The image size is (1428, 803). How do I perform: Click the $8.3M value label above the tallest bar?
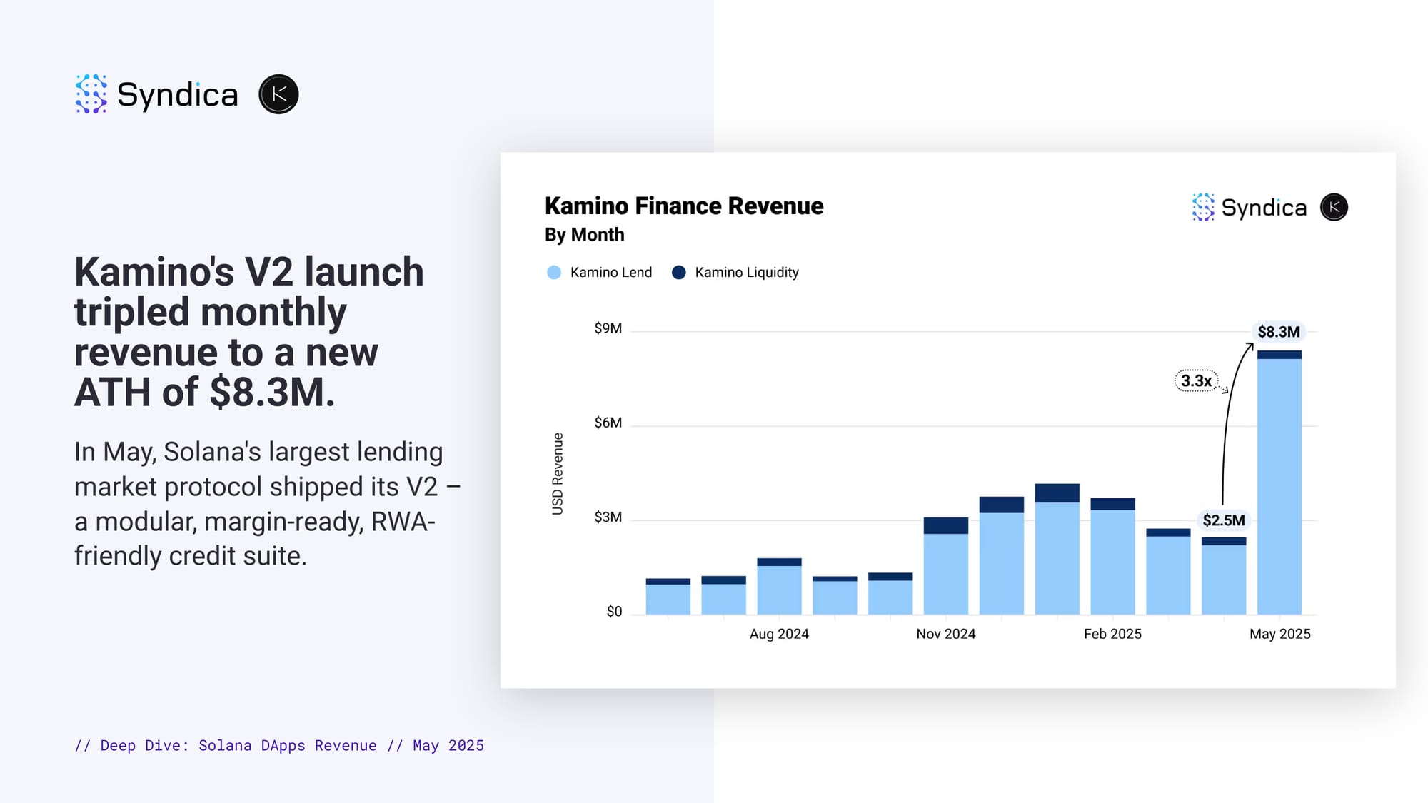click(x=1279, y=332)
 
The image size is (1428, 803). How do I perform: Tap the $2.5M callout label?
click(x=1223, y=520)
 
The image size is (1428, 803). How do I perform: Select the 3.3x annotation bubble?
click(x=1196, y=380)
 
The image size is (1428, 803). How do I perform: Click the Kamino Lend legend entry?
click(x=599, y=272)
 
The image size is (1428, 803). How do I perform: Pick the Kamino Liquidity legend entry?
click(x=735, y=272)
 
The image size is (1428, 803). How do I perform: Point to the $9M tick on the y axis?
click(x=608, y=328)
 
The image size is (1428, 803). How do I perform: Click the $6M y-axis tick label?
click(x=608, y=423)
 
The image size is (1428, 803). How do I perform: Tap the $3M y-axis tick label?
click(x=608, y=517)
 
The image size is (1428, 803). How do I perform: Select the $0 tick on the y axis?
click(x=614, y=611)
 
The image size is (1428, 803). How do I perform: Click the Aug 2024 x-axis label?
click(x=779, y=634)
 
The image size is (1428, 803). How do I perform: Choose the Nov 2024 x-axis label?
click(x=946, y=634)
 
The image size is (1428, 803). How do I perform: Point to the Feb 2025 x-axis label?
click(x=1112, y=634)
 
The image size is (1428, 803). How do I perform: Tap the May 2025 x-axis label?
click(x=1279, y=634)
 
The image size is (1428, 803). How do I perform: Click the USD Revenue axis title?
click(x=558, y=473)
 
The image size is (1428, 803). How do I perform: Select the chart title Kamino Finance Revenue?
click(x=684, y=206)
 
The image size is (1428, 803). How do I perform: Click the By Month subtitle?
click(x=585, y=235)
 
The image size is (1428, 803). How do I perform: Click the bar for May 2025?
click(x=1279, y=483)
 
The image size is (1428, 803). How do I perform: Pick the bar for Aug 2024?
click(x=779, y=587)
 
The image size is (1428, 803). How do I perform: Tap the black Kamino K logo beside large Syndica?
click(x=278, y=94)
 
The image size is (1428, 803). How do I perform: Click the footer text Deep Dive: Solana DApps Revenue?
click(x=238, y=745)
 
